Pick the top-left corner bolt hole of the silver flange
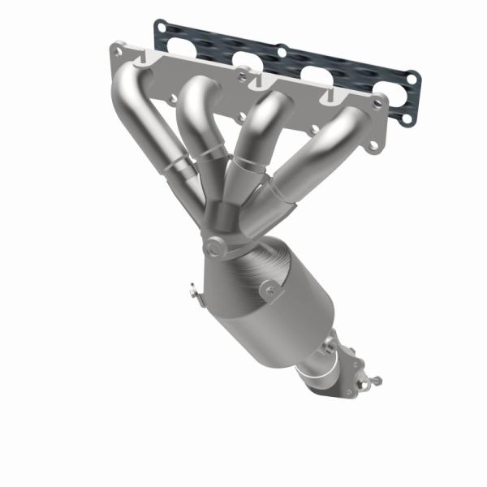tap(120, 50)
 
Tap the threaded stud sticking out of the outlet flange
tap(375, 379)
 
